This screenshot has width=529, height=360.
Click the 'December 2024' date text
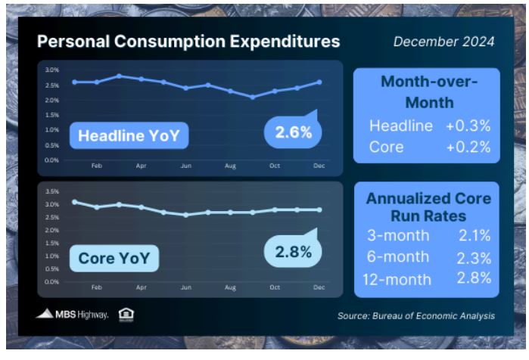[x=443, y=42]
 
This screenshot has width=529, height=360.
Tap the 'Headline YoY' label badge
[x=129, y=135]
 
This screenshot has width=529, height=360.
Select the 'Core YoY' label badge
[x=114, y=258]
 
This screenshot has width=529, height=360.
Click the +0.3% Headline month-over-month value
[x=468, y=126]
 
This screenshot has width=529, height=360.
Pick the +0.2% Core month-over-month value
[x=468, y=147]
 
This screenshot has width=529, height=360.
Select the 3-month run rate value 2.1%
[x=475, y=236]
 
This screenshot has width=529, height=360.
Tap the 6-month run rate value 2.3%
[x=474, y=258]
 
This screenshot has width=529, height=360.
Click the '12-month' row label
[x=397, y=280]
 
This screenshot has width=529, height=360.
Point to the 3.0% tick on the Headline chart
[x=52, y=70]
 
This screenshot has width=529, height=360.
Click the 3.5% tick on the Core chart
[x=52, y=191]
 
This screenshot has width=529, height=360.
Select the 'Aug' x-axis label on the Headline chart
[x=230, y=166]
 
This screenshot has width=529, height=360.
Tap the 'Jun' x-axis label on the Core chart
[x=186, y=287]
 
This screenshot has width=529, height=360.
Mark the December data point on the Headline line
[x=319, y=82]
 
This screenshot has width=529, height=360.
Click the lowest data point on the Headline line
[x=253, y=97]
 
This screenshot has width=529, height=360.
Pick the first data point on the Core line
[x=75, y=202]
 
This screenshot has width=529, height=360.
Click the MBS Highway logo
[x=72, y=314]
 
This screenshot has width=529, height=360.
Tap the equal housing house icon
[x=126, y=315]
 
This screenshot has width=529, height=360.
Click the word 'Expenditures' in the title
[x=285, y=42]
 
